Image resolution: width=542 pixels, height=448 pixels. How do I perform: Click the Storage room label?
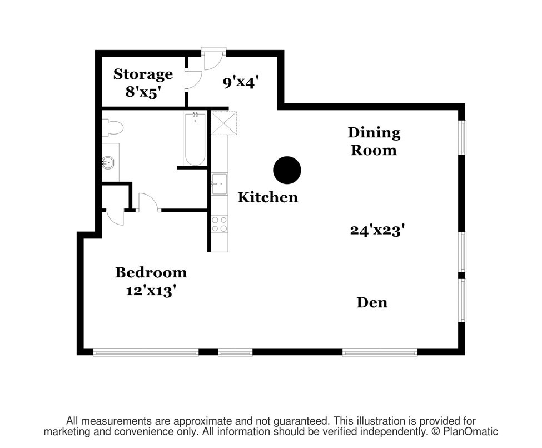coord(143,74)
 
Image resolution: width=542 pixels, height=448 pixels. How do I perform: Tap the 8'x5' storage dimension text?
coord(143,92)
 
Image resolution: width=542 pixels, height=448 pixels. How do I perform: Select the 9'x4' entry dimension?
coord(241,83)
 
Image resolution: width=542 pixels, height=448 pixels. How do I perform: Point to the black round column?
coord(287,170)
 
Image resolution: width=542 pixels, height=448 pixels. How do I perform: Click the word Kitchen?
coord(268,197)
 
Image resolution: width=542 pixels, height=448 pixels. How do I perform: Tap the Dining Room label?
coord(374,141)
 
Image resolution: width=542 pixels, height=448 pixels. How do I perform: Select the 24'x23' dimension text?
coord(377,230)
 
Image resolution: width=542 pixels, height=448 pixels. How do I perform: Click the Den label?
coord(372,302)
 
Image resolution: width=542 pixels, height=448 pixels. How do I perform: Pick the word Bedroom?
coord(151,272)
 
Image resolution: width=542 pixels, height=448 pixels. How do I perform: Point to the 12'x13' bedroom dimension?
coord(149,291)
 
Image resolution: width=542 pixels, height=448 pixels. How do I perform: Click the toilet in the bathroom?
coord(112,128)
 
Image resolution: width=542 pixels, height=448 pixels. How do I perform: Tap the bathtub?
coord(195,138)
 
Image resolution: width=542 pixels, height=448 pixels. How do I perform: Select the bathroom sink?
coord(108,162)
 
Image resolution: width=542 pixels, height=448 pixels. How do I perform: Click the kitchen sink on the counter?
coord(220,183)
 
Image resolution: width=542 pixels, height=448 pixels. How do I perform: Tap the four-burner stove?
coord(219,224)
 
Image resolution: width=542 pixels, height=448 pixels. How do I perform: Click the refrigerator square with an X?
coord(224,123)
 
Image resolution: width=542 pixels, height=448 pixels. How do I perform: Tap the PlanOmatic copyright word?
coord(471,431)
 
